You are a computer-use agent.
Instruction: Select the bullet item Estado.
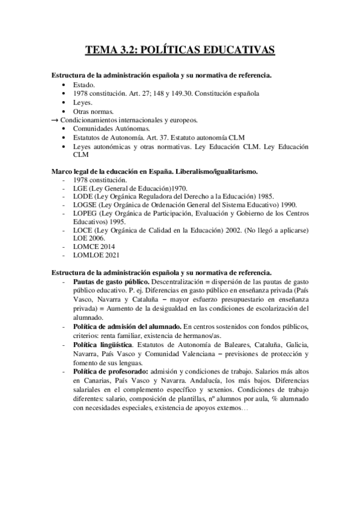click(83, 85)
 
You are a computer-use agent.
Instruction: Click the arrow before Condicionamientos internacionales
click(56, 120)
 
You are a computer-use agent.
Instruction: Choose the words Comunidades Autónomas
click(112, 129)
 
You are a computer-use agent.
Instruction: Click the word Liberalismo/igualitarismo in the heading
click(221, 171)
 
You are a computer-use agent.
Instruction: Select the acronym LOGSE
click(87, 205)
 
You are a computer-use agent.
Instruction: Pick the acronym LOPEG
click(87, 214)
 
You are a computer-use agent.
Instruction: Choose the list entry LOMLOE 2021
click(94, 256)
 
